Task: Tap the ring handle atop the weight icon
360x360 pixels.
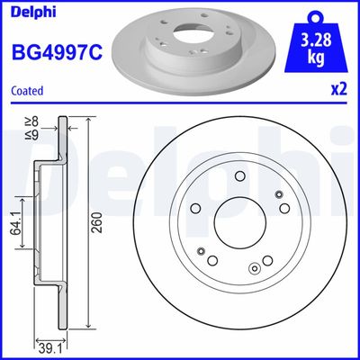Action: click(314, 15)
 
